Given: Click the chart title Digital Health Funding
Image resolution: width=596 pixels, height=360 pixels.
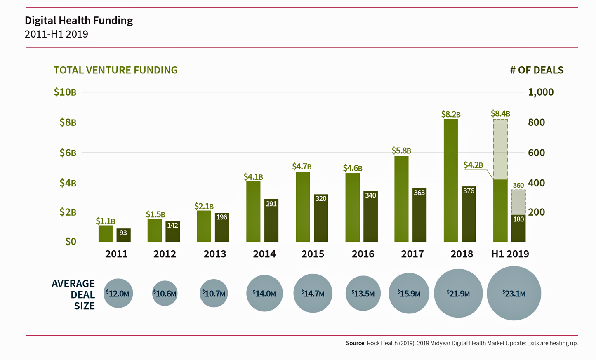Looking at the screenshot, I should coord(79,20).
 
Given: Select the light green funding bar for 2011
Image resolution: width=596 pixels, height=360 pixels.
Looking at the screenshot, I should coord(106,233).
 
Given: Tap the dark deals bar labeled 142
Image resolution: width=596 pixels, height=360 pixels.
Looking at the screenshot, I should coord(172,231).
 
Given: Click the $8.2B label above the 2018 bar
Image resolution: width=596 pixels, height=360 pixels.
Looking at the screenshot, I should coord(450,114).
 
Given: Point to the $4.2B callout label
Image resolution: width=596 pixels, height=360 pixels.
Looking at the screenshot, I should coord(473,165).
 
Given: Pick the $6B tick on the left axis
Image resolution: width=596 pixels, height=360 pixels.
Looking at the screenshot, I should coord(68,153).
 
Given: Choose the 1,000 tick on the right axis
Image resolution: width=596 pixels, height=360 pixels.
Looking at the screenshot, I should coord(541,92).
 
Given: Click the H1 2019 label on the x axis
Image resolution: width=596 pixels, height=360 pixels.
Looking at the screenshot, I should coord(510,254).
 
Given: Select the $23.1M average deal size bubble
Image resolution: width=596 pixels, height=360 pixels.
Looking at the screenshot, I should coord(514,293).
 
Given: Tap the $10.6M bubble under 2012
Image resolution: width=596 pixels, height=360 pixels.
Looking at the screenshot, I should coord(165,293).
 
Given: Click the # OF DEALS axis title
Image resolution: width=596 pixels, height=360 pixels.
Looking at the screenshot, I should coord(536,70).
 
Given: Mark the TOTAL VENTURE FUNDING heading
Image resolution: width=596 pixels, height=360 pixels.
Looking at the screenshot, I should coord(115,70).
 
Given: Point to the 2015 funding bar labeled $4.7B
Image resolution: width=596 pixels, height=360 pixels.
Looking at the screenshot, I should coord(303,207).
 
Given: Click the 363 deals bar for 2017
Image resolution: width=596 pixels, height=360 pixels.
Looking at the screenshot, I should coord(419,215).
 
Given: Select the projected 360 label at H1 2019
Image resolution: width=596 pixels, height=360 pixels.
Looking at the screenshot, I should coord(518,186).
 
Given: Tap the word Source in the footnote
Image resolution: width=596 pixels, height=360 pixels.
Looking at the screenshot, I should coord(356,343).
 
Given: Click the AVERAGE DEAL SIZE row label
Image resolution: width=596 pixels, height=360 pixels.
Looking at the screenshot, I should coord(73,294).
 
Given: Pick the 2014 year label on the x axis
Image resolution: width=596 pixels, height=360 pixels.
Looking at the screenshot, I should coord(264,254).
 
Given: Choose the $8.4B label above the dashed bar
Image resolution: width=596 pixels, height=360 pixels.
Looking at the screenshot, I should coord(500,113).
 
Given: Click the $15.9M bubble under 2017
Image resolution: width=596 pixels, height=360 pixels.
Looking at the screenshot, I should coord(409,293).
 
